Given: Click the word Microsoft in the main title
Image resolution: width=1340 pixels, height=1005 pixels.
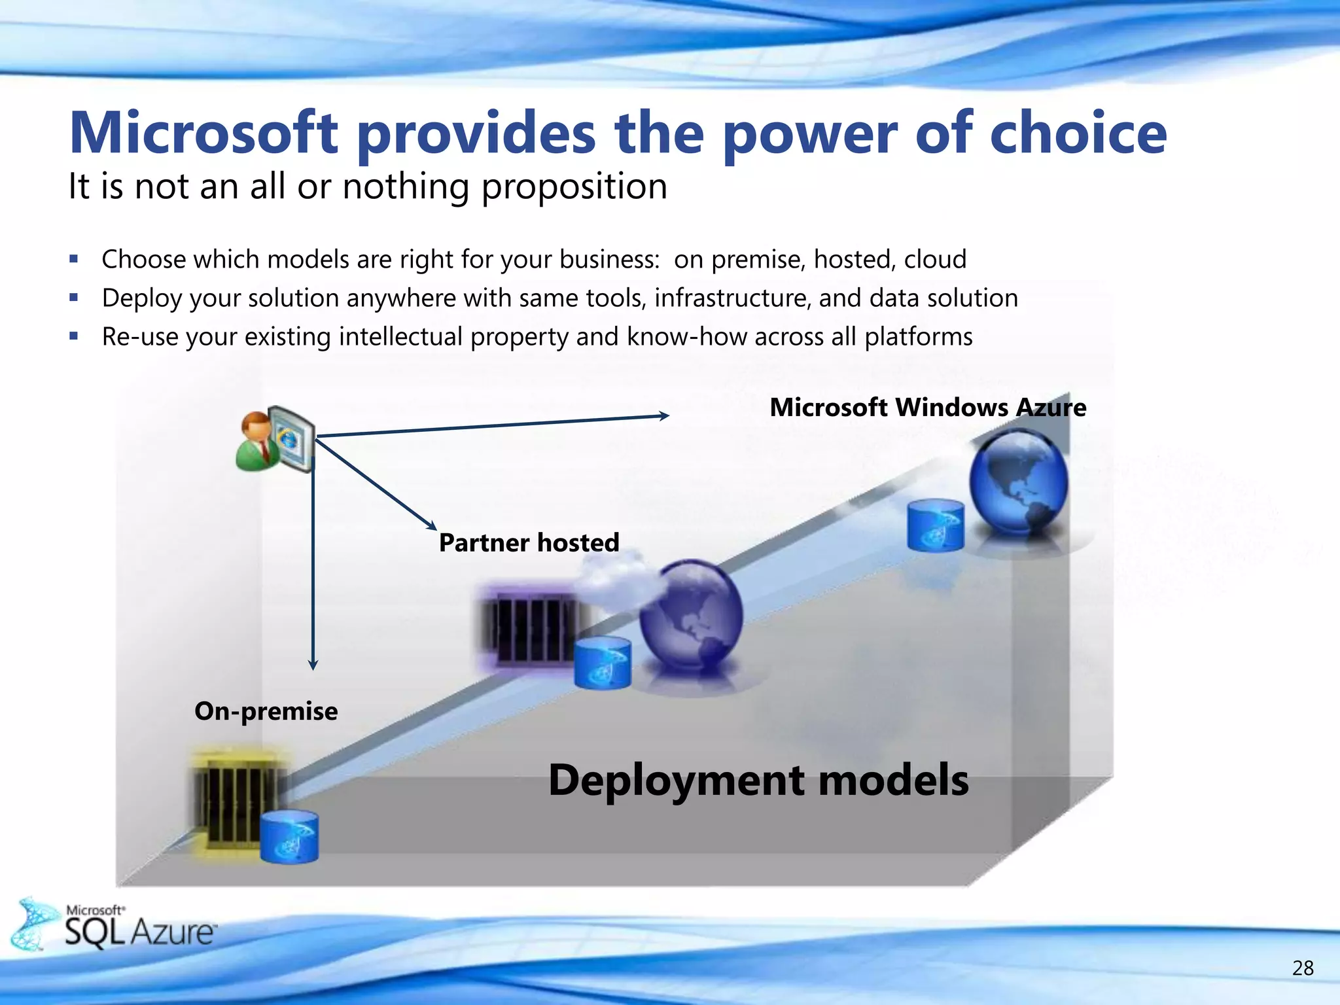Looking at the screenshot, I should (203, 133).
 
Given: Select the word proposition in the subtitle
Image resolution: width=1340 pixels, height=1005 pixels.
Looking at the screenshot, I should (574, 188).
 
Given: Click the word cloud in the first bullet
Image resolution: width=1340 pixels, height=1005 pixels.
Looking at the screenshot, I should (935, 260).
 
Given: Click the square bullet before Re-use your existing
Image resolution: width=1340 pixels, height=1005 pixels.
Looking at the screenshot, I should (74, 336).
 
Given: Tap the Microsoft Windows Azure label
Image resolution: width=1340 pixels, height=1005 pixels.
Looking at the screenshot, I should (927, 408).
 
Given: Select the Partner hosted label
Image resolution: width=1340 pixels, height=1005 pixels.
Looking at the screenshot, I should (529, 542).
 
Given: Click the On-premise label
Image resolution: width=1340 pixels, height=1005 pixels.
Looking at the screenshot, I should (266, 711).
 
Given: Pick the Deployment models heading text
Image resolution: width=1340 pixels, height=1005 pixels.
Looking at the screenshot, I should (758, 780).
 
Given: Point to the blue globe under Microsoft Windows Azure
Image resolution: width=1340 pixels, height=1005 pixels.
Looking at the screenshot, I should (1018, 482).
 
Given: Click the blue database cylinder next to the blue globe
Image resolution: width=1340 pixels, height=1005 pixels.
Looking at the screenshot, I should (935, 525).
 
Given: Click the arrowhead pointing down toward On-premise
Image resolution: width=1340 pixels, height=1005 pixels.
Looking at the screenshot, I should (313, 664).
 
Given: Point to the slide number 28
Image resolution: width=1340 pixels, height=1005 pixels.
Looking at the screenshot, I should (1302, 968).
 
